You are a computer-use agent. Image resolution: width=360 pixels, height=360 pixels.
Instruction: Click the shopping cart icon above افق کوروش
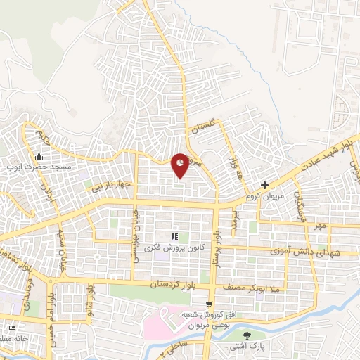click(x=209, y=304)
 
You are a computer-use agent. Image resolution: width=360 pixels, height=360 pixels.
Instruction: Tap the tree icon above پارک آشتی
click(x=246, y=335)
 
